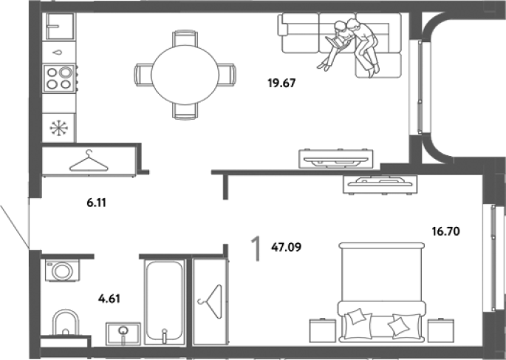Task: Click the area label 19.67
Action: click(281, 84)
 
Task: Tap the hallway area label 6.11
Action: click(97, 203)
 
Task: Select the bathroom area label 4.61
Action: click(109, 299)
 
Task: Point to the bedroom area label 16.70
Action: click(446, 231)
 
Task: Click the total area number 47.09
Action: click(287, 248)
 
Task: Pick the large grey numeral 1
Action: click(256, 248)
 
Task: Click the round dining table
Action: click(185, 75)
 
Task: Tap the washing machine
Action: click(62, 271)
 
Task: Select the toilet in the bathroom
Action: click(66, 323)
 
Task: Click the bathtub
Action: click(165, 302)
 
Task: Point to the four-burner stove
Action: click(59, 78)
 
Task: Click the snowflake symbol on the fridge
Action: click(59, 128)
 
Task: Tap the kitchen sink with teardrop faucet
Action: click(59, 52)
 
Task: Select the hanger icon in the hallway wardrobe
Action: click(89, 161)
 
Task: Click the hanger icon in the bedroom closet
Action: click(211, 302)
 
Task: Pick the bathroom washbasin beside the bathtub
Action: click(123, 334)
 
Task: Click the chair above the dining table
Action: click(185, 38)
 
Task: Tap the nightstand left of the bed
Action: click(323, 330)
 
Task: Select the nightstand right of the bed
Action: click(441, 330)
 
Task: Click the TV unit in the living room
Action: click(336, 158)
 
